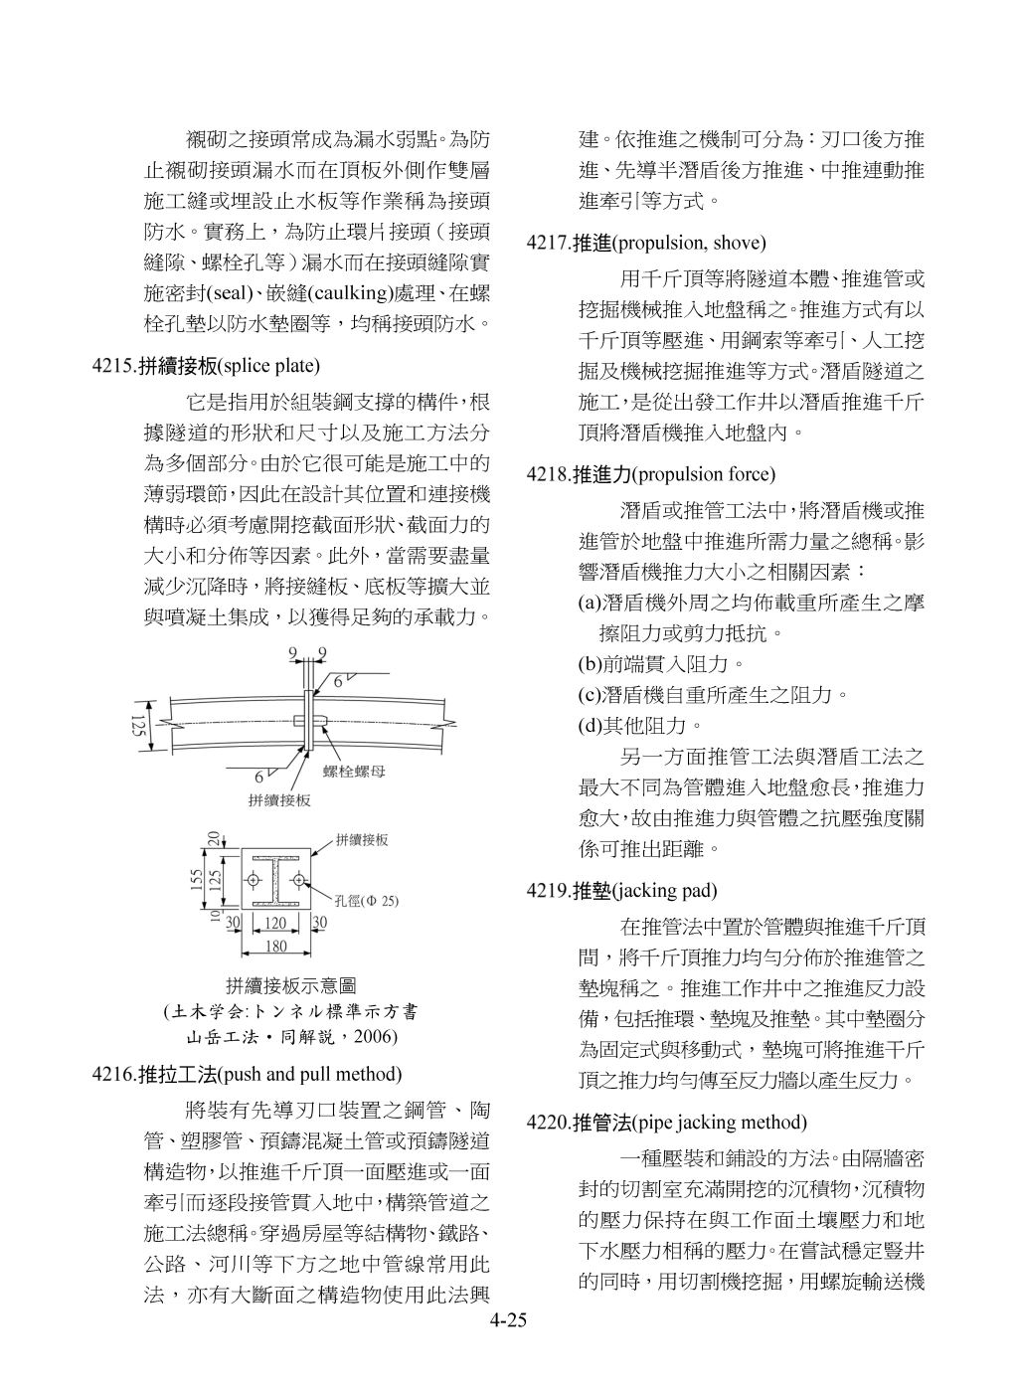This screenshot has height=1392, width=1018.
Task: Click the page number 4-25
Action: (x=507, y=1321)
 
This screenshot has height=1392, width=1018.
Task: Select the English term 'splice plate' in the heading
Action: (x=268, y=366)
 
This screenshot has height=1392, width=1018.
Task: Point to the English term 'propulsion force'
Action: (x=704, y=474)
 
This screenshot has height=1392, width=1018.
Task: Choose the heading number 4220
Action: (x=549, y=1123)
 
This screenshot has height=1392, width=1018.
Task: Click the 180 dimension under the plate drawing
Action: (x=273, y=946)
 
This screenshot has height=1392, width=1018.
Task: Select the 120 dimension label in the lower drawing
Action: (x=273, y=924)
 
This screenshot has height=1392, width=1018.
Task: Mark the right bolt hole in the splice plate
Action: (x=298, y=880)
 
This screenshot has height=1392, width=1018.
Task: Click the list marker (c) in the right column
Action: (x=590, y=695)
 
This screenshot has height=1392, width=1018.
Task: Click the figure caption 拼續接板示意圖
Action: (x=290, y=986)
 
